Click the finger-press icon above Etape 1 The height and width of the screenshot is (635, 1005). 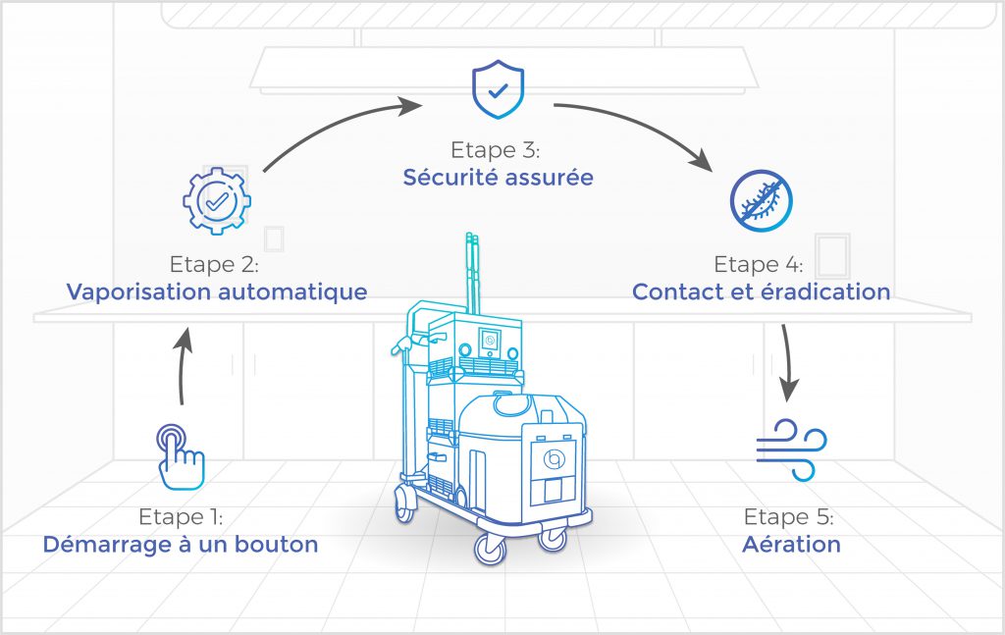point(181,457)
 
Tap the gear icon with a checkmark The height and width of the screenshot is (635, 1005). point(217,201)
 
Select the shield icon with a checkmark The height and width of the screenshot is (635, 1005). point(498,89)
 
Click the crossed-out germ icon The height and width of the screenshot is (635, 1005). point(762,200)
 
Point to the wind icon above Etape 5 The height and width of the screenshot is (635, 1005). point(792,450)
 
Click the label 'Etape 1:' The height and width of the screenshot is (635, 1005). point(181,516)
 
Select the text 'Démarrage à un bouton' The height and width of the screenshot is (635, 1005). point(181,544)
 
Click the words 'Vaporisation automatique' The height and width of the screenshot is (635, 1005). point(217,291)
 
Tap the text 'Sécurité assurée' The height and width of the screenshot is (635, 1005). point(498,177)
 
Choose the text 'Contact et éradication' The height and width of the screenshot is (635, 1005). point(762,291)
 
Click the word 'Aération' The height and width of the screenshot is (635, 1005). point(792,544)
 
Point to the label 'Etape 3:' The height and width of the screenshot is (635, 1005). point(496,150)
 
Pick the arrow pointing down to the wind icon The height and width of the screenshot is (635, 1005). point(788,362)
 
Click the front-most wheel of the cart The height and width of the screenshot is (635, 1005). point(491,550)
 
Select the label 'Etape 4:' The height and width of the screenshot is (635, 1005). point(759,264)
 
